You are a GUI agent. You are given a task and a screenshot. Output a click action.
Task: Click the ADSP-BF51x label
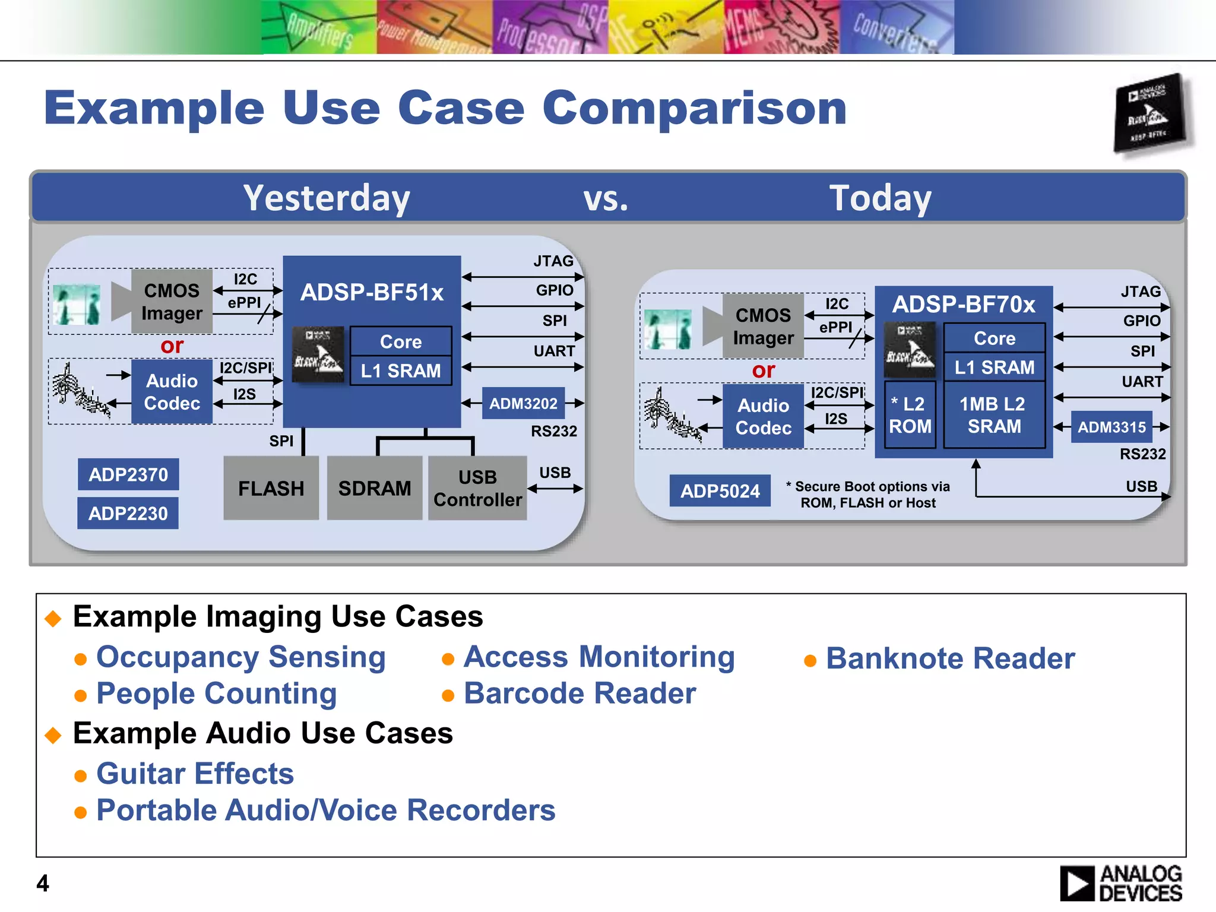coord(372,292)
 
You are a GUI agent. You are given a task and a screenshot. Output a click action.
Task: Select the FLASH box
coord(271,488)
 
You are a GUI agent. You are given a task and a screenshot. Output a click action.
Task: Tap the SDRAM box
coord(374,488)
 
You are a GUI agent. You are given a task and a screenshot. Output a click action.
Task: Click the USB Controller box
coord(477,488)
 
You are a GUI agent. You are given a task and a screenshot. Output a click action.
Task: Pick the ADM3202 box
coord(523,403)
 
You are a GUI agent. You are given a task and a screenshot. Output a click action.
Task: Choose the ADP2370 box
coord(128,474)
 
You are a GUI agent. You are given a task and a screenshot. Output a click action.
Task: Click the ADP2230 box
coord(128,513)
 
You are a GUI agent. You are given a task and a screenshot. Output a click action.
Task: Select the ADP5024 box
coord(720,490)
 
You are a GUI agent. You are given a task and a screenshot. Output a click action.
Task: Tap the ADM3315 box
coord(1111,427)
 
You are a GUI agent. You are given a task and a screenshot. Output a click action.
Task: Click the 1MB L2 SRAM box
coord(993,414)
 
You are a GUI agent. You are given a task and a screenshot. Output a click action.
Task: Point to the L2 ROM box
coord(910,414)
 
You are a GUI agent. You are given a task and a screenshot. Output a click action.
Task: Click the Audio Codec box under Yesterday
coord(172,392)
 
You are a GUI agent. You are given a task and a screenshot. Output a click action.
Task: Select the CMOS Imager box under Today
coord(763,326)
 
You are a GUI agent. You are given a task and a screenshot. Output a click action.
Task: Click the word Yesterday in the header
coord(327,198)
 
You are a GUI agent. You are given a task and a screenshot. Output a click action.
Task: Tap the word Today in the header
coord(880,198)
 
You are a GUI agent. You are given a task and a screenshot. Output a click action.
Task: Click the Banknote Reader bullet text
coord(950,658)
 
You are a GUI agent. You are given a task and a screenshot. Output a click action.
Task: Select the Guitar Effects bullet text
coord(195,774)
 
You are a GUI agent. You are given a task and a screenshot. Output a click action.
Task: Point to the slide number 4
coord(43,883)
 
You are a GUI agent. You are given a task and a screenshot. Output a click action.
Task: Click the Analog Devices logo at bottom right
coord(1120,883)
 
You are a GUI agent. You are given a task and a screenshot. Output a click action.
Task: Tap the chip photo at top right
coord(1150,113)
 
